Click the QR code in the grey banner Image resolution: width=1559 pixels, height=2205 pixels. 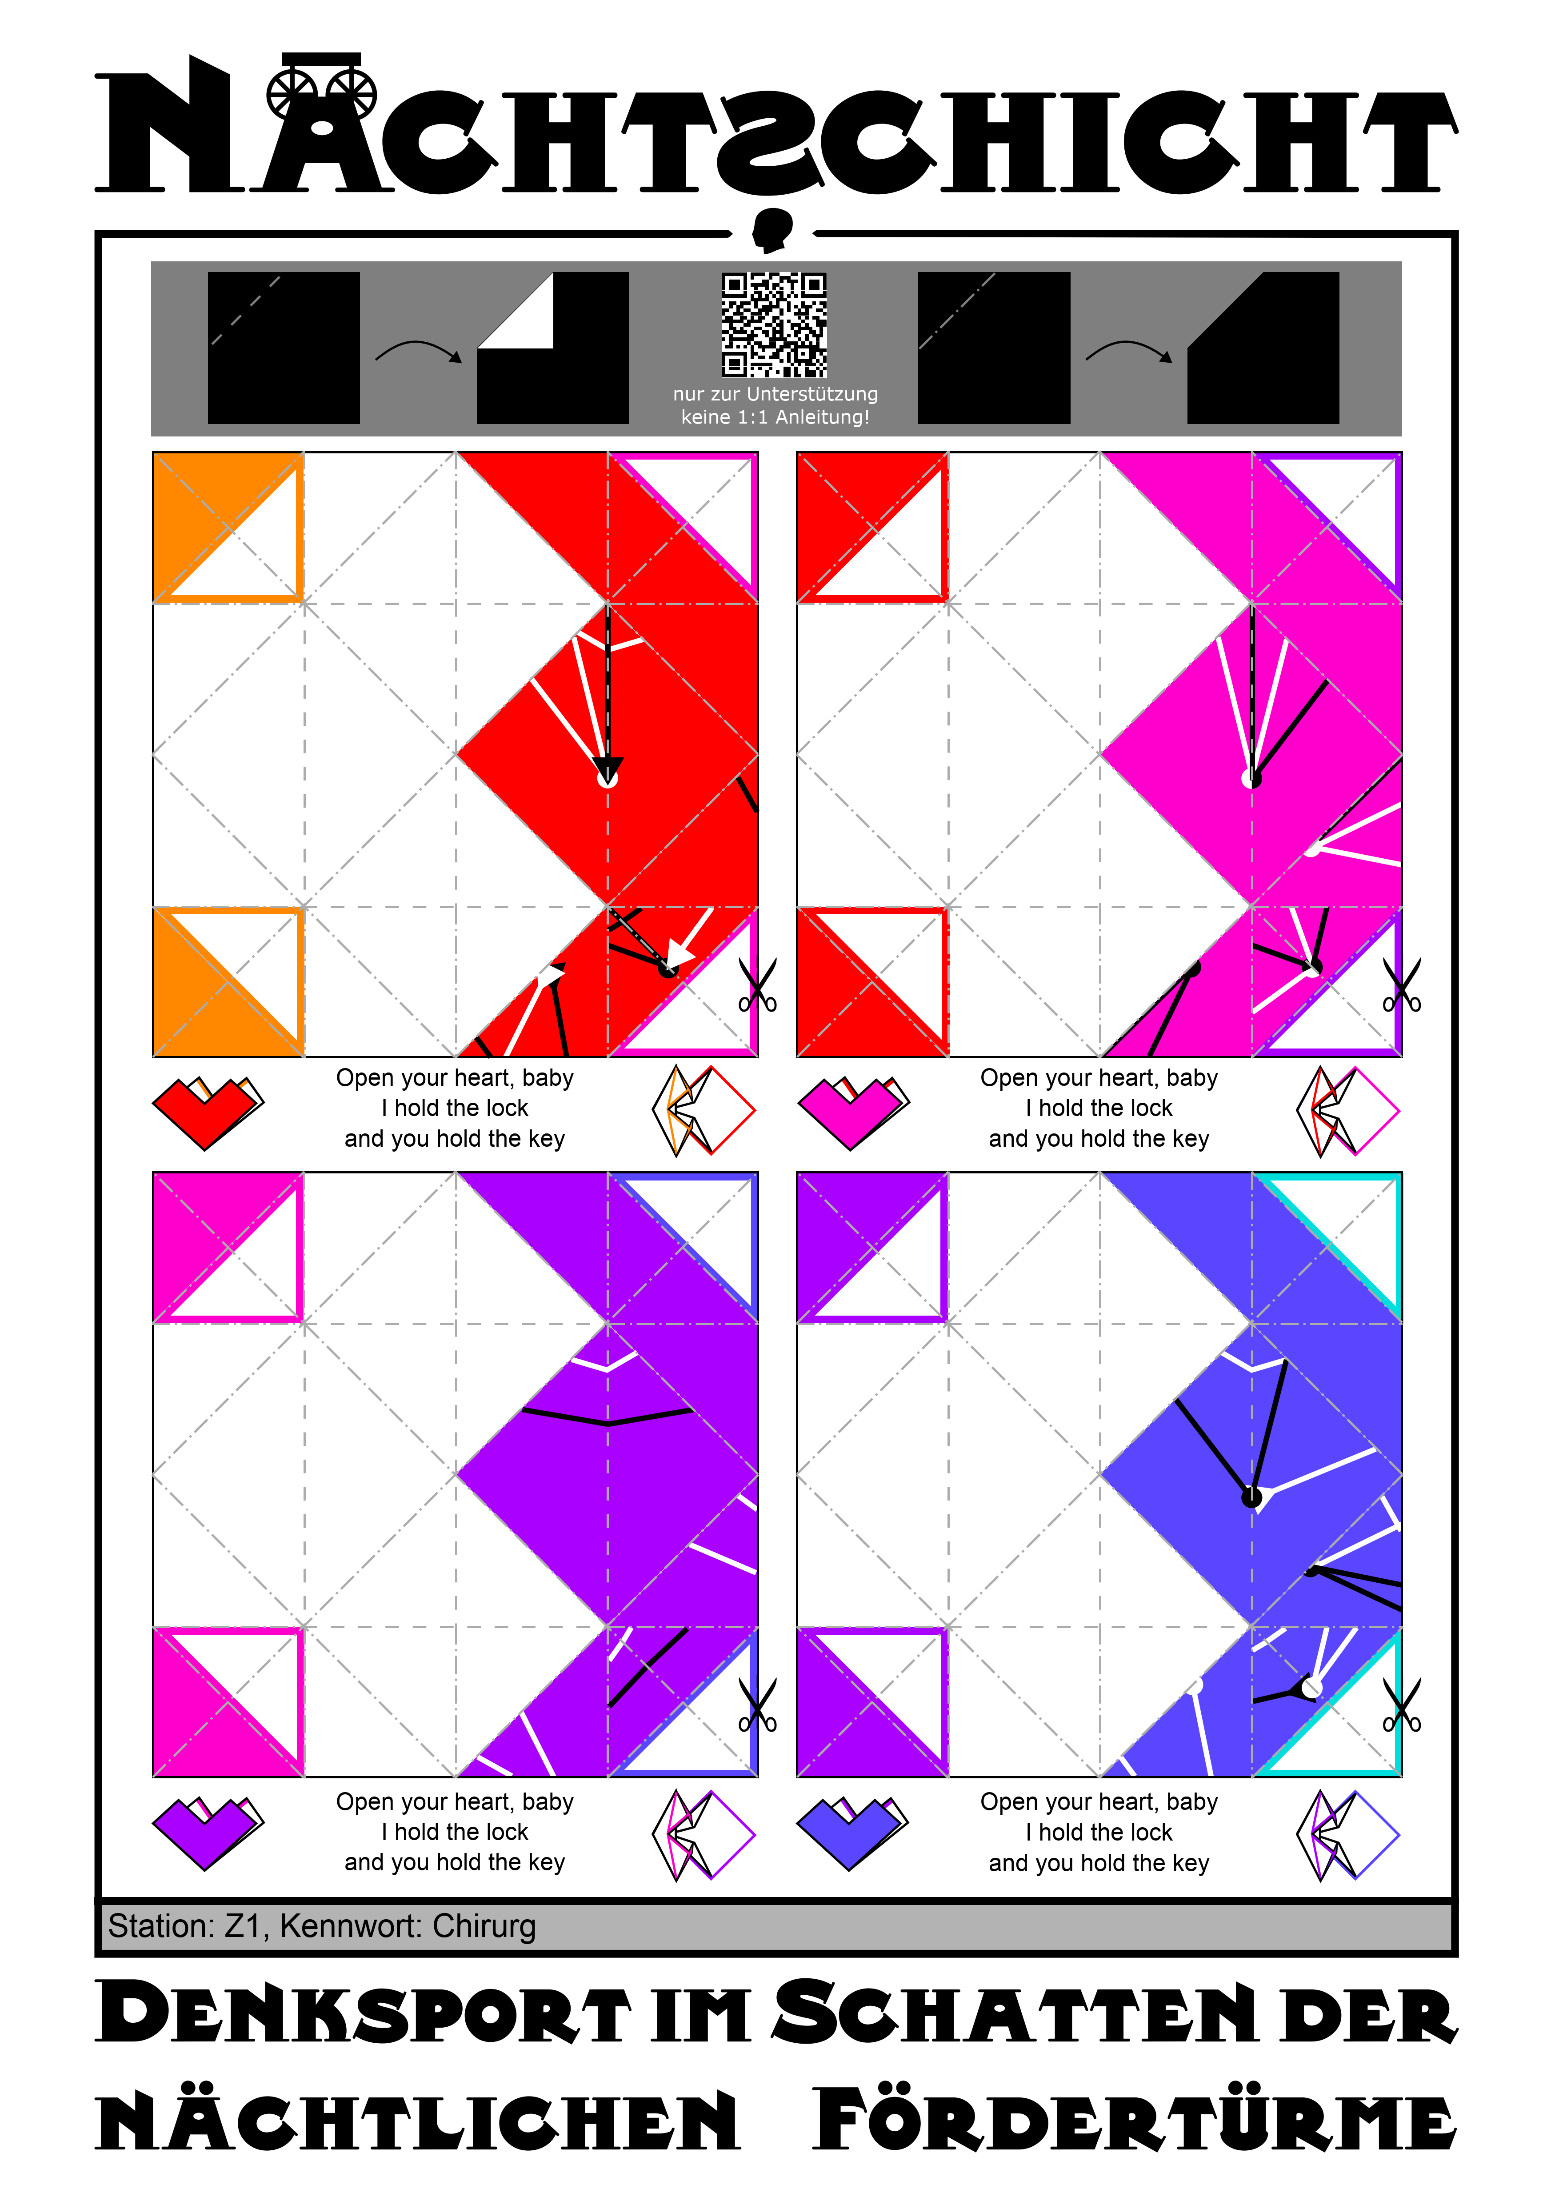774,324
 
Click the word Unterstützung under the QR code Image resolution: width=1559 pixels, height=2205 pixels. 812,394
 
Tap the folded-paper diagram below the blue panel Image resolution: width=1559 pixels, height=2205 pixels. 1348,1834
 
